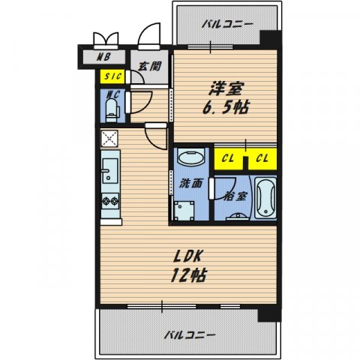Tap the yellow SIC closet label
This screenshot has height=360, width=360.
click(x=114, y=76)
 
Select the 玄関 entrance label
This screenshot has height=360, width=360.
click(x=150, y=65)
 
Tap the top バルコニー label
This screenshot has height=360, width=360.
click(x=223, y=24)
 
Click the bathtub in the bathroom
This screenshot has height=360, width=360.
click(x=265, y=197)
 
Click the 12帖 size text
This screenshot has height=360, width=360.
click(x=187, y=275)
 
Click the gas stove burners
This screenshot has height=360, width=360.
click(x=110, y=201)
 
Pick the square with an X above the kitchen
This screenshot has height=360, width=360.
click(x=109, y=138)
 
